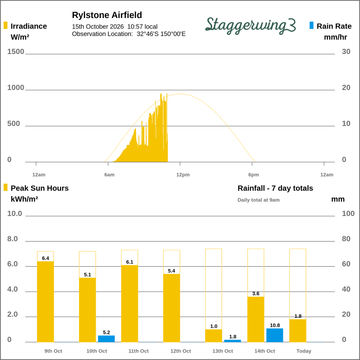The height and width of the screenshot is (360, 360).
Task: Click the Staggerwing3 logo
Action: (251, 26)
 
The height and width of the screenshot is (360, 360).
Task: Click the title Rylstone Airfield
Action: (107, 15)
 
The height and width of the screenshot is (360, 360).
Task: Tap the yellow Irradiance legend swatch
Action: (6, 25)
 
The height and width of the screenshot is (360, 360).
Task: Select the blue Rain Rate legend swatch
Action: (312, 25)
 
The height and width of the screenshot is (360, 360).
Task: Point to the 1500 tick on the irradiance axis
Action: (16, 52)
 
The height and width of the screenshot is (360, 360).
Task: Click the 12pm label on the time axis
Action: (183, 175)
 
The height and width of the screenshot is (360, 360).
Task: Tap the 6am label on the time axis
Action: (109, 175)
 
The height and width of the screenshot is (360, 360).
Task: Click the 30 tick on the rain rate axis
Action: (346, 52)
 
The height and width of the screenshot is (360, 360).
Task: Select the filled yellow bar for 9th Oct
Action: (45, 302)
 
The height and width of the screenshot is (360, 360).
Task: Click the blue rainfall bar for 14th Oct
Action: (275, 335)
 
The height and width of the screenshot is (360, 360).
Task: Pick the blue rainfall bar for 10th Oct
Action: (106, 339)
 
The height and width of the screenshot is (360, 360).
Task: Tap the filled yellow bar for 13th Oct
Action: (214, 336)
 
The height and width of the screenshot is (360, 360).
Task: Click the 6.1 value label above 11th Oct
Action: (130, 262)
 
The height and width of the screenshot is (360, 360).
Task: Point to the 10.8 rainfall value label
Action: (275, 325)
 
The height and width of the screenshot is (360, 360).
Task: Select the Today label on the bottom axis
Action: (304, 351)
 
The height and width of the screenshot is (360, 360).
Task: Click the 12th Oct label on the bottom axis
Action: (180, 351)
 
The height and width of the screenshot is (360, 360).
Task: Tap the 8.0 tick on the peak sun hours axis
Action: (12, 239)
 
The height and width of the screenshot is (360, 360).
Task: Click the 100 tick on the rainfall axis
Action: (348, 214)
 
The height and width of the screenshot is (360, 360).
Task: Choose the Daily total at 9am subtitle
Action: (259, 200)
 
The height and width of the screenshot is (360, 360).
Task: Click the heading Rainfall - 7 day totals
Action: (275, 188)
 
